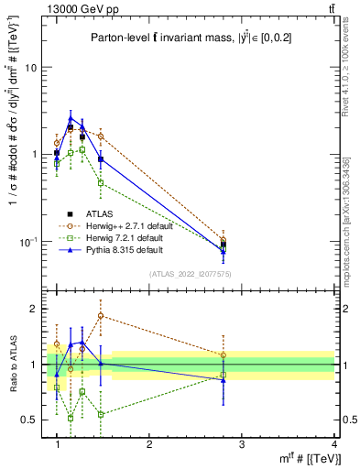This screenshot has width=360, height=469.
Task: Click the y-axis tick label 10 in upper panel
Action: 33,68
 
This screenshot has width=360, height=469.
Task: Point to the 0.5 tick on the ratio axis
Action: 32,420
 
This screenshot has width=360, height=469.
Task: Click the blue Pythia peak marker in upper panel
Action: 71,117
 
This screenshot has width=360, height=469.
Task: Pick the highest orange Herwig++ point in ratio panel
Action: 101,315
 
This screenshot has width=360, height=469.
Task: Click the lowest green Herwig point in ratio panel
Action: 71,418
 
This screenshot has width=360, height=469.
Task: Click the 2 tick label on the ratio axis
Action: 35,309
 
